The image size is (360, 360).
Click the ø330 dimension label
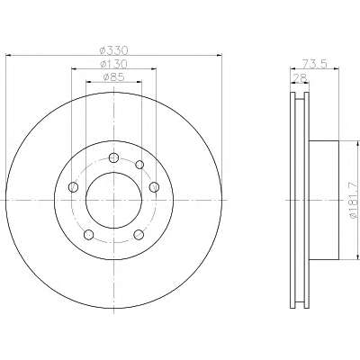[113, 49]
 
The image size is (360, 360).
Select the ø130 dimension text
[113, 64]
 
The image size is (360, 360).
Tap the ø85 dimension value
[113, 76]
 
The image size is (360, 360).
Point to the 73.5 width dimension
[314, 64]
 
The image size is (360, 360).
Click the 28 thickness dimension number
[300, 77]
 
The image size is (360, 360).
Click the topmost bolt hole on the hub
[113, 157]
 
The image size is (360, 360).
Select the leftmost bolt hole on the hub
[74, 187]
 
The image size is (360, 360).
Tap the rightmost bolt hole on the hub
[154, 187]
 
